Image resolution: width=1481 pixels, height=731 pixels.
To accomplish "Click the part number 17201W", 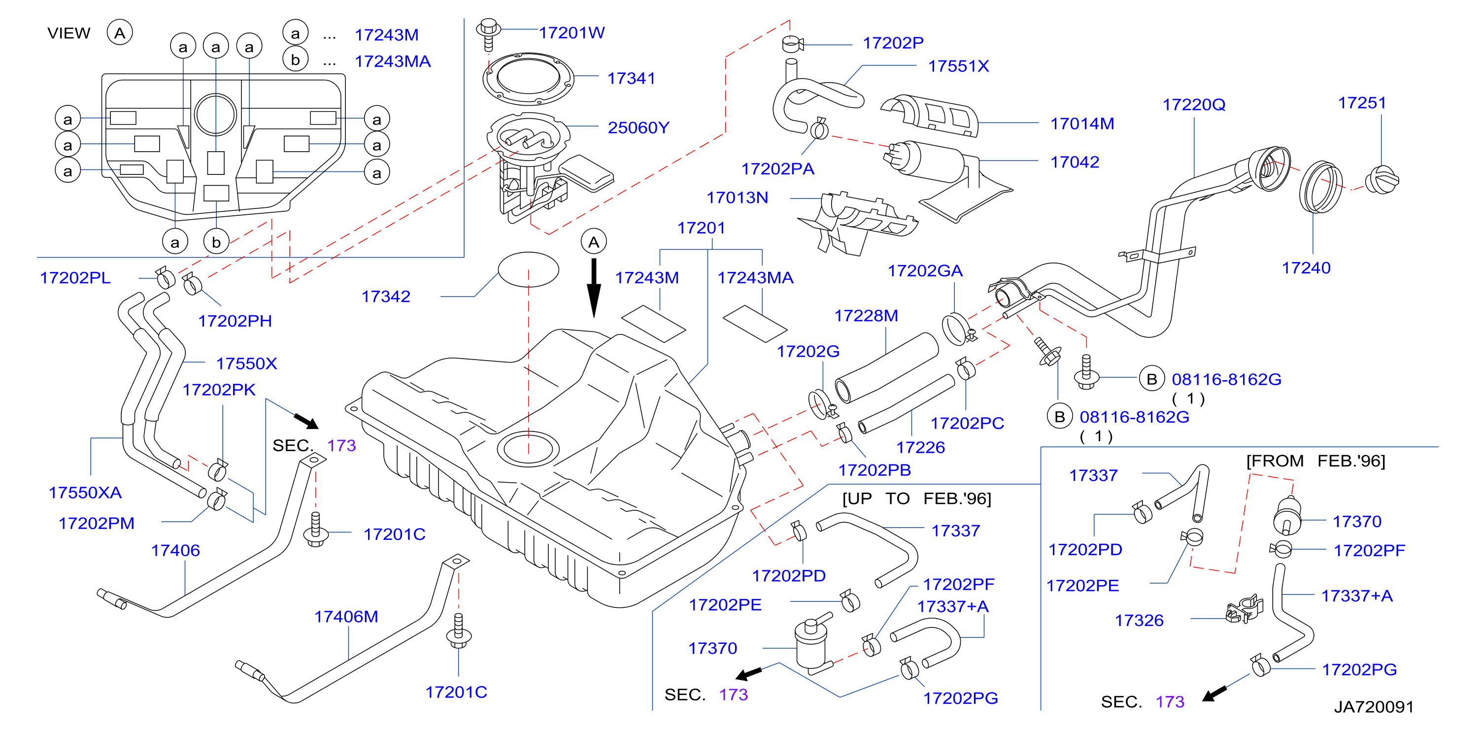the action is [x=572, y=33].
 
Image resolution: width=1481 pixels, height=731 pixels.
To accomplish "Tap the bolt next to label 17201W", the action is [x=488, y=34].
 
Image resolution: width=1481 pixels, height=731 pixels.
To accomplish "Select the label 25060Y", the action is [x=638, y=128].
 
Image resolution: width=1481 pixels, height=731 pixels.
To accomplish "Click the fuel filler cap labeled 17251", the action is [x=1384, y=180].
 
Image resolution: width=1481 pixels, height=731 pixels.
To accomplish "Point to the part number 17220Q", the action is [x=1194, y=104].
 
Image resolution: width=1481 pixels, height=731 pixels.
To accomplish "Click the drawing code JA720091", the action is [x=1374, y=707].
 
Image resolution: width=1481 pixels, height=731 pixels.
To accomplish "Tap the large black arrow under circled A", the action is [x=594, y=287].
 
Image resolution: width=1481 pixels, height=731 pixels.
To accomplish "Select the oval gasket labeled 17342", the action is [x=528, y=269].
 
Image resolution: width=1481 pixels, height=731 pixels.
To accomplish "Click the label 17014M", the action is [x=1082, y=124].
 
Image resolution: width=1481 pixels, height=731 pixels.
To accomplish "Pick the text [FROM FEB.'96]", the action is [x=1315, y=461].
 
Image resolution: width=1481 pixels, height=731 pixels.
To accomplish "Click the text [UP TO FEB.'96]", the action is [x=916, y=498].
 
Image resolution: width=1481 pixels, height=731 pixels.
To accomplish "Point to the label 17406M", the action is [x=346, y=617].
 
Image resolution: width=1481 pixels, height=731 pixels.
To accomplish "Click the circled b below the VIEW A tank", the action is [x=216, y=242].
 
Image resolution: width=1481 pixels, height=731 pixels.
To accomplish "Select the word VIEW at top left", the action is [x=69, y=33].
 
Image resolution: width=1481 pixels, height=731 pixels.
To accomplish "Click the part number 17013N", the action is [x=737, y=198].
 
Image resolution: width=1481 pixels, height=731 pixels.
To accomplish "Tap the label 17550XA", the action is [x=85, y=493].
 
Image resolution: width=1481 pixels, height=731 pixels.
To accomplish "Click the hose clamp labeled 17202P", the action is [x=793, y=44].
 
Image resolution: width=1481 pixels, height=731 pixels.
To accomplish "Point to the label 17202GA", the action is [x=925, y=271].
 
